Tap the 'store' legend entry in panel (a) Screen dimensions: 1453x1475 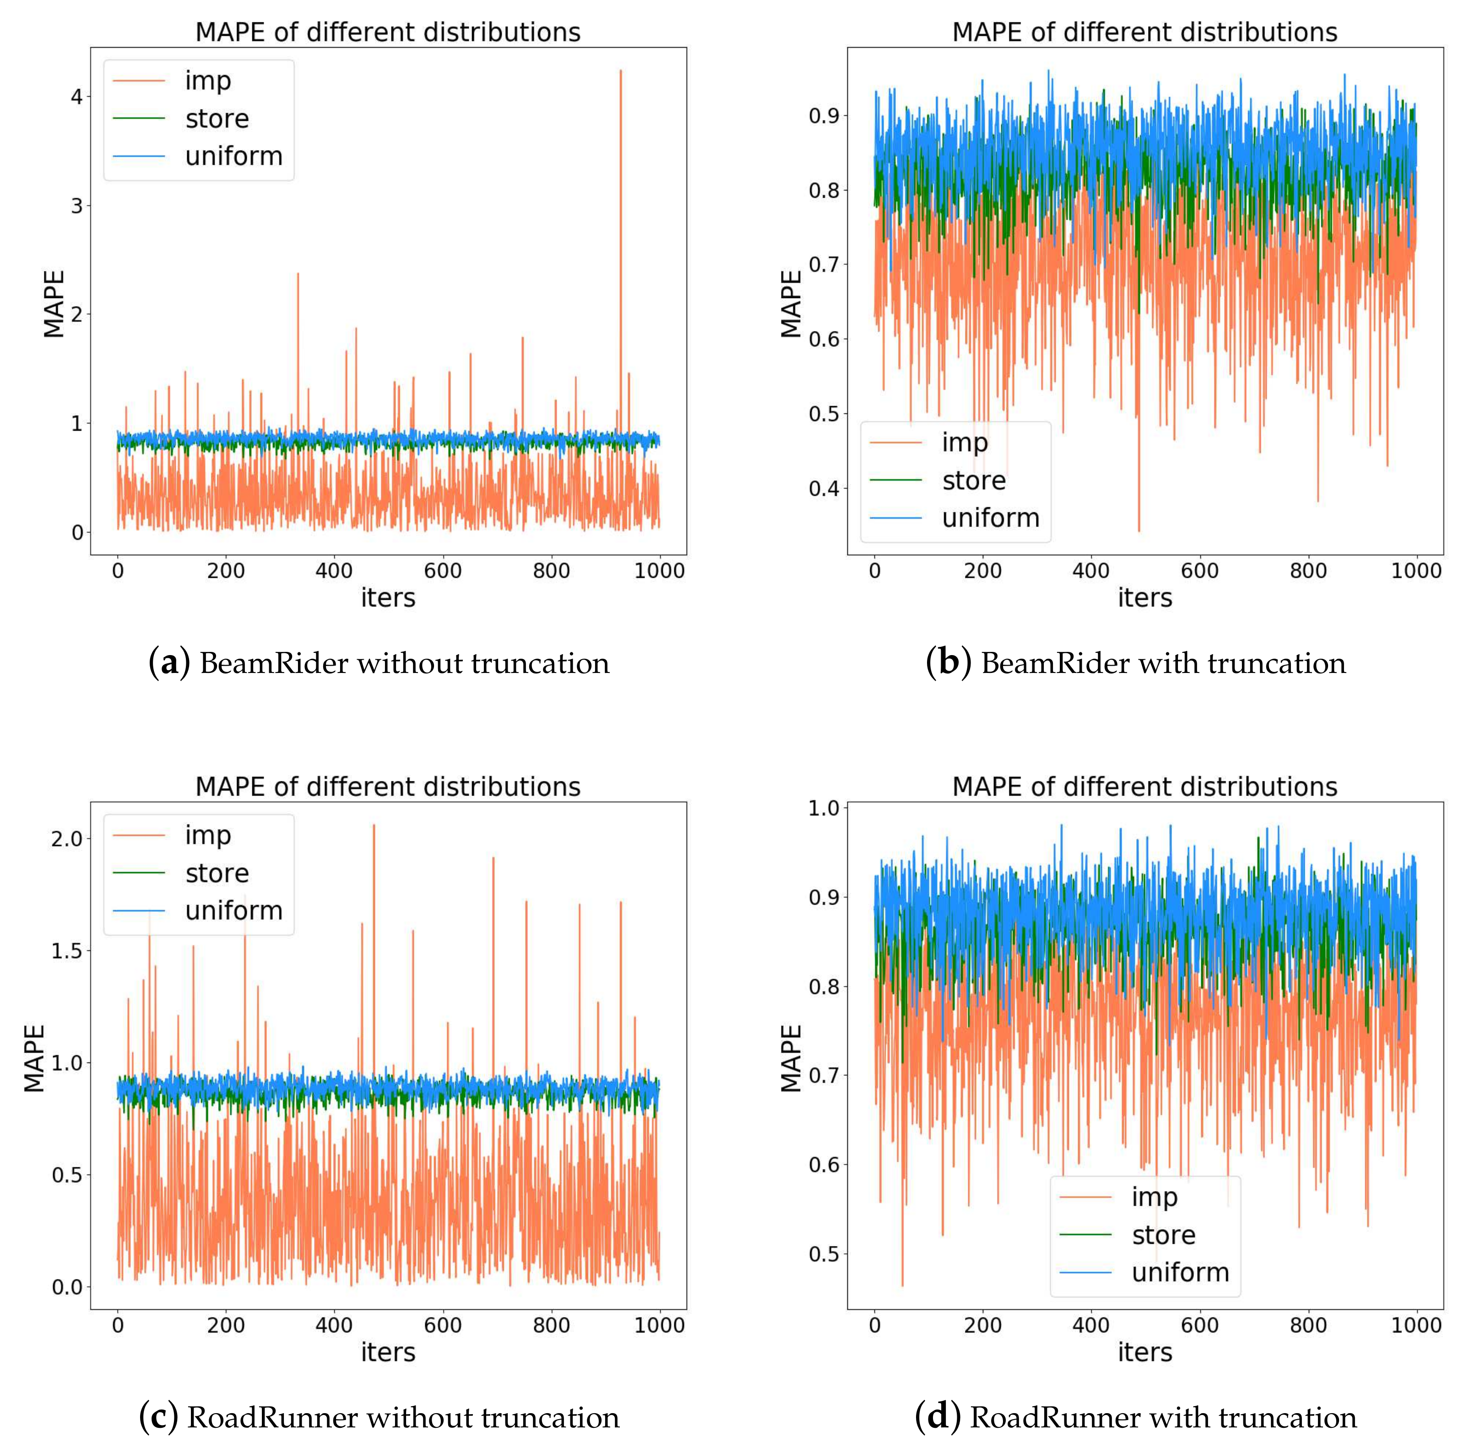[x=217, y=118]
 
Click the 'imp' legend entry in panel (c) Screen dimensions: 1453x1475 [x=207, y=835]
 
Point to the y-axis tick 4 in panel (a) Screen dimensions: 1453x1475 [x=77, y=96]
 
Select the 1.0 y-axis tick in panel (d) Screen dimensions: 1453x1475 [x=824, y=808]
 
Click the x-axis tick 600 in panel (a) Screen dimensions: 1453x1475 [x=443, y=571]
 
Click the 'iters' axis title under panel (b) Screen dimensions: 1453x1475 [x=1144, y=597]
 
